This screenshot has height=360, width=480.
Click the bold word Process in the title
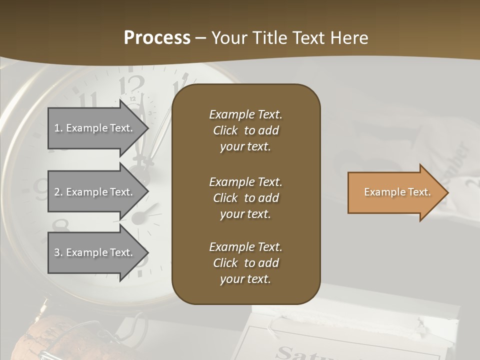click(x=157, y=37)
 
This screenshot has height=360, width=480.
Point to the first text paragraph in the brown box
click(x=245, y=130)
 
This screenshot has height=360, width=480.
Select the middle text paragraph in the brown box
click(x=245, y=197)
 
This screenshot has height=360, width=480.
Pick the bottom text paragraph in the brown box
click(x=245, y=263)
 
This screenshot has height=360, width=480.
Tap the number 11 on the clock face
click(x=88, y=99)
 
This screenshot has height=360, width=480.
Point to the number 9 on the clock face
click(x=40, y=187)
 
